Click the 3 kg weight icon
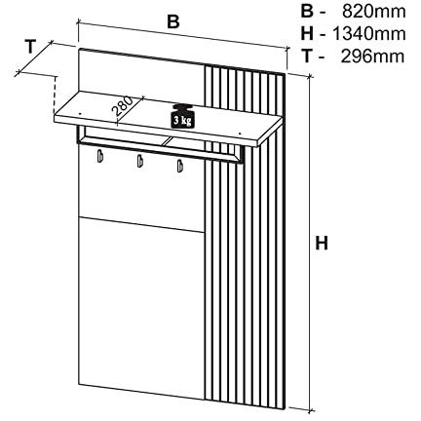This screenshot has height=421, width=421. point(182,116)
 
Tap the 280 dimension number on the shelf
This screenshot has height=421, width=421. point(123,106)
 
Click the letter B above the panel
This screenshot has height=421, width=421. point(173,21)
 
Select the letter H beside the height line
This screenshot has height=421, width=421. point(322,243)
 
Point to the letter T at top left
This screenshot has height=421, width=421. point(30,47)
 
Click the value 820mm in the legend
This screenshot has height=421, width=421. point(374,12)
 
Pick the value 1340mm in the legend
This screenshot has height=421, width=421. point(369,34)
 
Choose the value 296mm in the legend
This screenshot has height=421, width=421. point(372,57)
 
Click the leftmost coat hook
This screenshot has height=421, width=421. point(100,154)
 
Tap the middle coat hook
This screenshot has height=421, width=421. point(139,160)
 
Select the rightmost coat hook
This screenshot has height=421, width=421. point(179,165)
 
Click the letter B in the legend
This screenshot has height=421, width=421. point(307,12)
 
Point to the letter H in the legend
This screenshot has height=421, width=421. point(307,34)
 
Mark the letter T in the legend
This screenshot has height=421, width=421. point(307,57)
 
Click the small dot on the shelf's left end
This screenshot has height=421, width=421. point(80,113)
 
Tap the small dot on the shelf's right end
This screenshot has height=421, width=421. point(240,134)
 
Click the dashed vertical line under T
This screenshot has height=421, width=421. point(56,95)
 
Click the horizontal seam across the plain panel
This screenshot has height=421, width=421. point(141,224)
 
